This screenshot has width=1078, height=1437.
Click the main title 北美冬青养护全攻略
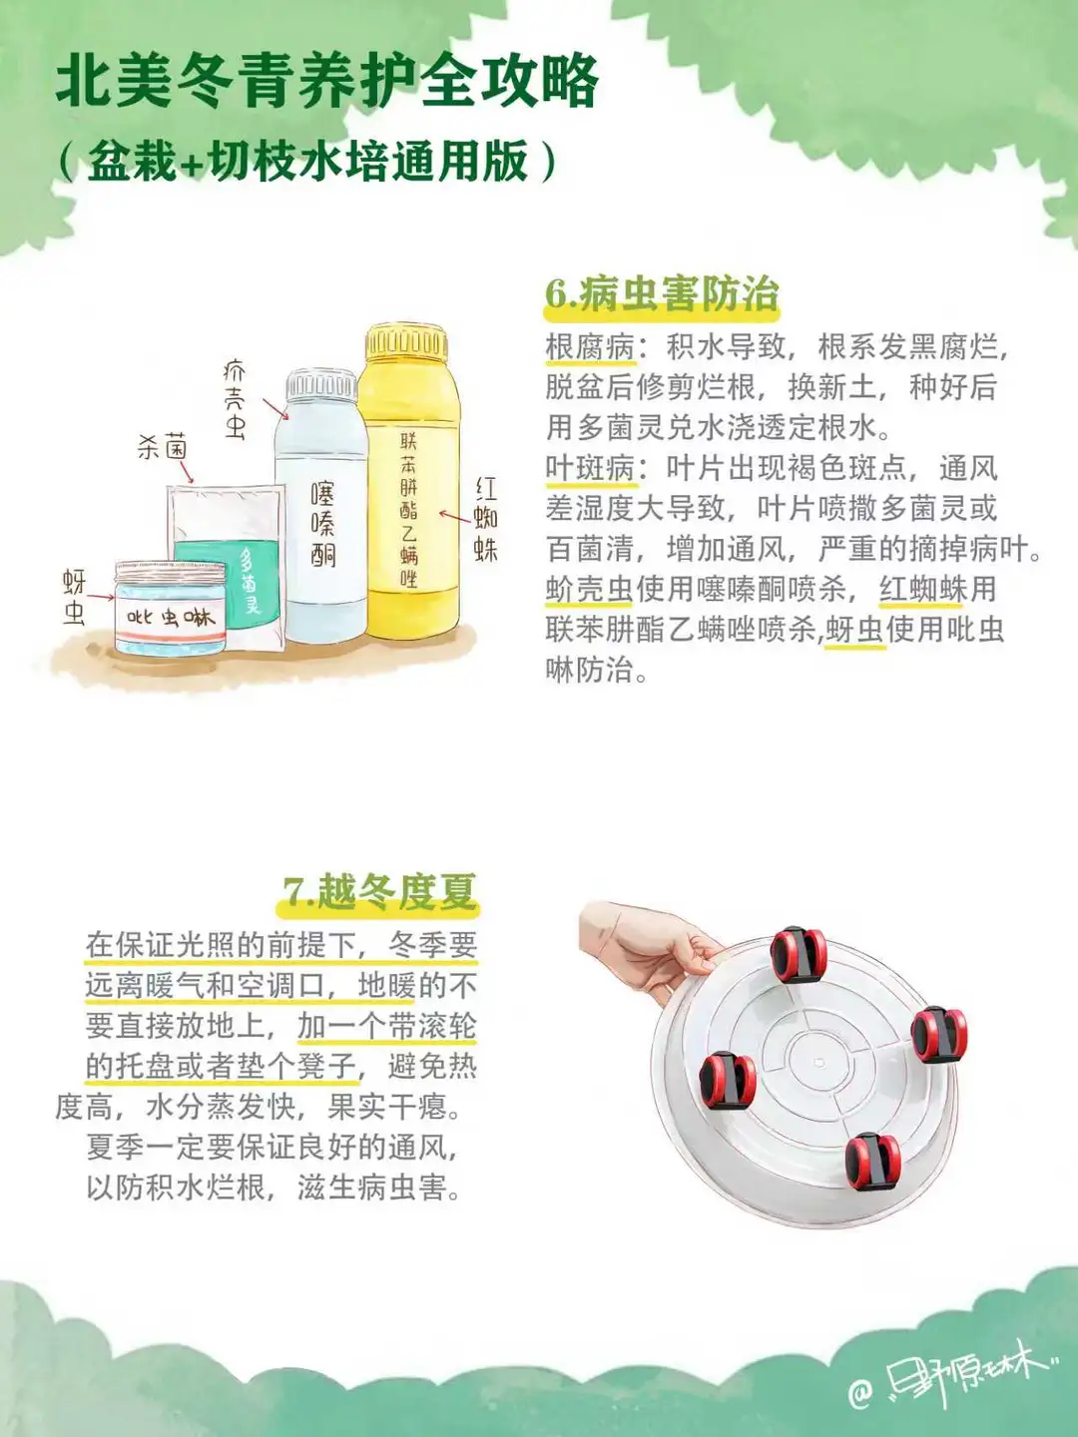click(327, 83)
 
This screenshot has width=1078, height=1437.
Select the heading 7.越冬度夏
click(379, 891)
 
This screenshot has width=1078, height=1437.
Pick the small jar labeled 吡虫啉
click(170, 608)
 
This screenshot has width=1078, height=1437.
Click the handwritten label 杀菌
click(163, 447)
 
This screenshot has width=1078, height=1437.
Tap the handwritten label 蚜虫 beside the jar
click(74, 597)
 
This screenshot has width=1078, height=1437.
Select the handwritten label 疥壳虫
click(235, 400)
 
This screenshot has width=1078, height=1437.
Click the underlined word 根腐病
click(590, 347)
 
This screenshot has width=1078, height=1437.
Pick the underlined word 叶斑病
click(590, 469)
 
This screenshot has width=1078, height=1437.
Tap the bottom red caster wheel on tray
click(872, 1162)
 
